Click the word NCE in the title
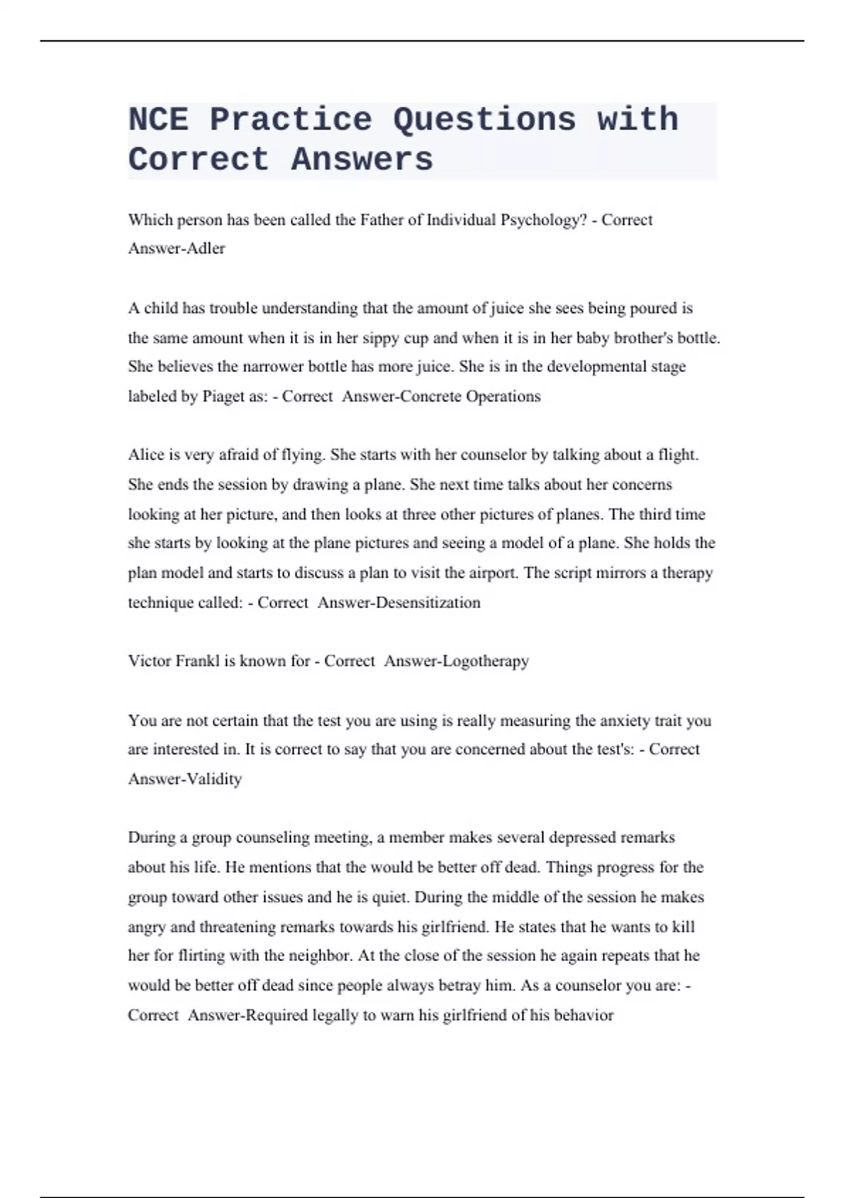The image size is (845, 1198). (158, 119)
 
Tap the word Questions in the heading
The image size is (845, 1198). (484, 119)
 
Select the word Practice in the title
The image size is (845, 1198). (290, 119)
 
